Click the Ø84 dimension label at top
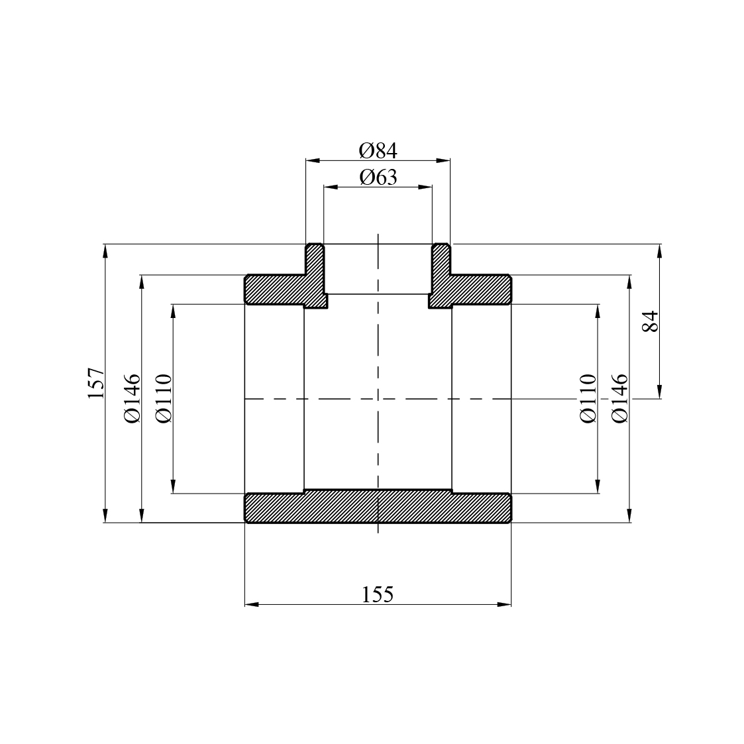pos(378,151)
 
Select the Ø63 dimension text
pos(378,178)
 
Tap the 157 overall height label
pos(96,383)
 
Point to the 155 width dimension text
pos(378,594)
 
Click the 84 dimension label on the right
pos(651,321)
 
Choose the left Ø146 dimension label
pos(132,398)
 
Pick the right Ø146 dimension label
pos(619,398)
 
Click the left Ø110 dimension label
pos(164,398)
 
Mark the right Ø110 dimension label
pos(588,398)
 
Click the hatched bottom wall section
pos(378,506)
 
